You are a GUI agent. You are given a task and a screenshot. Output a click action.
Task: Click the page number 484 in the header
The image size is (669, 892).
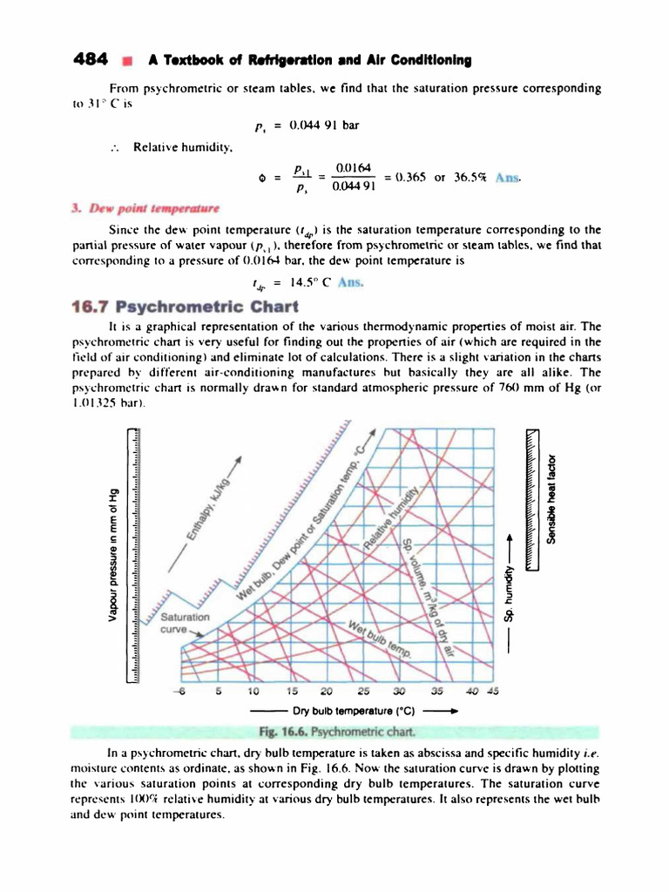coord(90,60)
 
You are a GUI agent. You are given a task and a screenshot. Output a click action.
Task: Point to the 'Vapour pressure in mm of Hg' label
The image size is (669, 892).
coord(111,553)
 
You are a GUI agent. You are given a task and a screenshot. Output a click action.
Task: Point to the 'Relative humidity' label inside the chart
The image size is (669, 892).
coord(402,516)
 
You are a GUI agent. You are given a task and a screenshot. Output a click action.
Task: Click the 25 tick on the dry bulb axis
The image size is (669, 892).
coord(364,692)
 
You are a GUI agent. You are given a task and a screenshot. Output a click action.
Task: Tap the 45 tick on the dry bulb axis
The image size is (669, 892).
coord(493,692)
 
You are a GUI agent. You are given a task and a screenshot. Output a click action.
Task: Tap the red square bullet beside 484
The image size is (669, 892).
coord(127,61)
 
